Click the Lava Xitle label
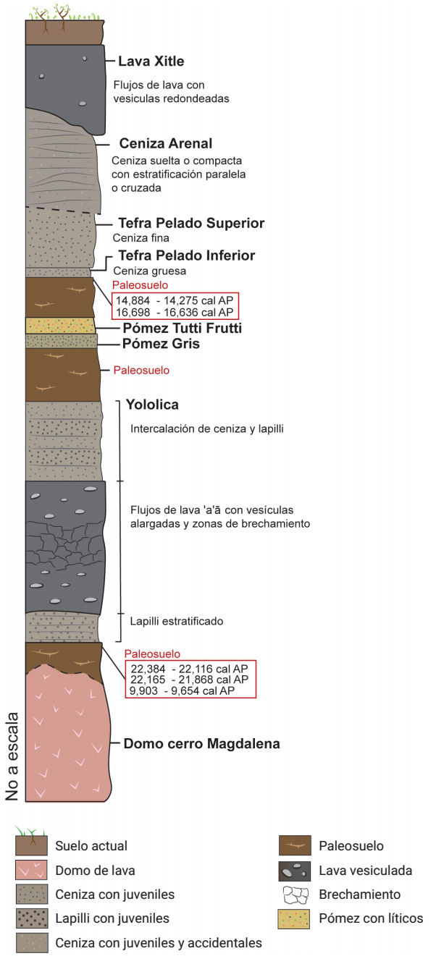click(x=151, y=61)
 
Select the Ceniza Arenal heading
click(x=166, y=143)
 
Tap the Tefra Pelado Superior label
click(x=191, y=223)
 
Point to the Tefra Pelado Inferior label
click(x=187, y=255)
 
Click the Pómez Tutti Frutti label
click(x=183, y=328)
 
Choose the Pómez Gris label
click(x=161, y=344)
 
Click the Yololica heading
click(x=152, y=405)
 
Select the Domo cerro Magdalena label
click(x=201, y=744)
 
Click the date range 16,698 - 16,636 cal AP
click(x=175, y=312)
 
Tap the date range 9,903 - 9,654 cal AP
click(x=183, y=690)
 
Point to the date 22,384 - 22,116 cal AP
click(x=190, y=669)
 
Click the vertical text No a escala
click(x=12, y=756)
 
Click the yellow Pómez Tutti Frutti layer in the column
click(x=60, y=326)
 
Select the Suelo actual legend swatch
click(x=31, y=845)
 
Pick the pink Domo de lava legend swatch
click(x=31, y=870)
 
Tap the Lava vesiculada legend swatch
click(x=294, y=871)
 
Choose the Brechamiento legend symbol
click(x=295, y=895)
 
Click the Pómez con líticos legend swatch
click(x=294, y=919)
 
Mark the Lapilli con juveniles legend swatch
click(x=32, y=918)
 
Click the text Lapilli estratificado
click(x=177, y=621)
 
